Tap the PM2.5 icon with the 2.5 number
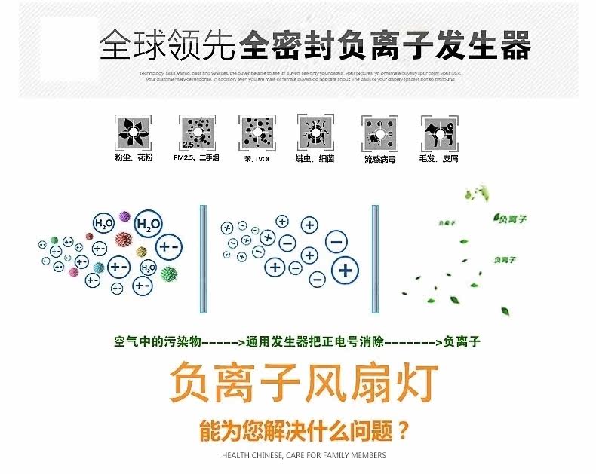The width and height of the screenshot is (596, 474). point(192,133)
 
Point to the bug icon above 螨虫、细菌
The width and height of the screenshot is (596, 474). point(315,133)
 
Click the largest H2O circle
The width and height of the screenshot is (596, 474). point(148,225)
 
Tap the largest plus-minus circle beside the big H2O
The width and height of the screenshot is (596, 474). point(167,247)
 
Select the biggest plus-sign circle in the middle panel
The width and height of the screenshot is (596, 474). point(346,269)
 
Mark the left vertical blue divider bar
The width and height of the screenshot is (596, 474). point(202,258)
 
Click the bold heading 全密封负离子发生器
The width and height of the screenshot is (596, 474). point(385,47)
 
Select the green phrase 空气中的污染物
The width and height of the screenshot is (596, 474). point(157,341)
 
